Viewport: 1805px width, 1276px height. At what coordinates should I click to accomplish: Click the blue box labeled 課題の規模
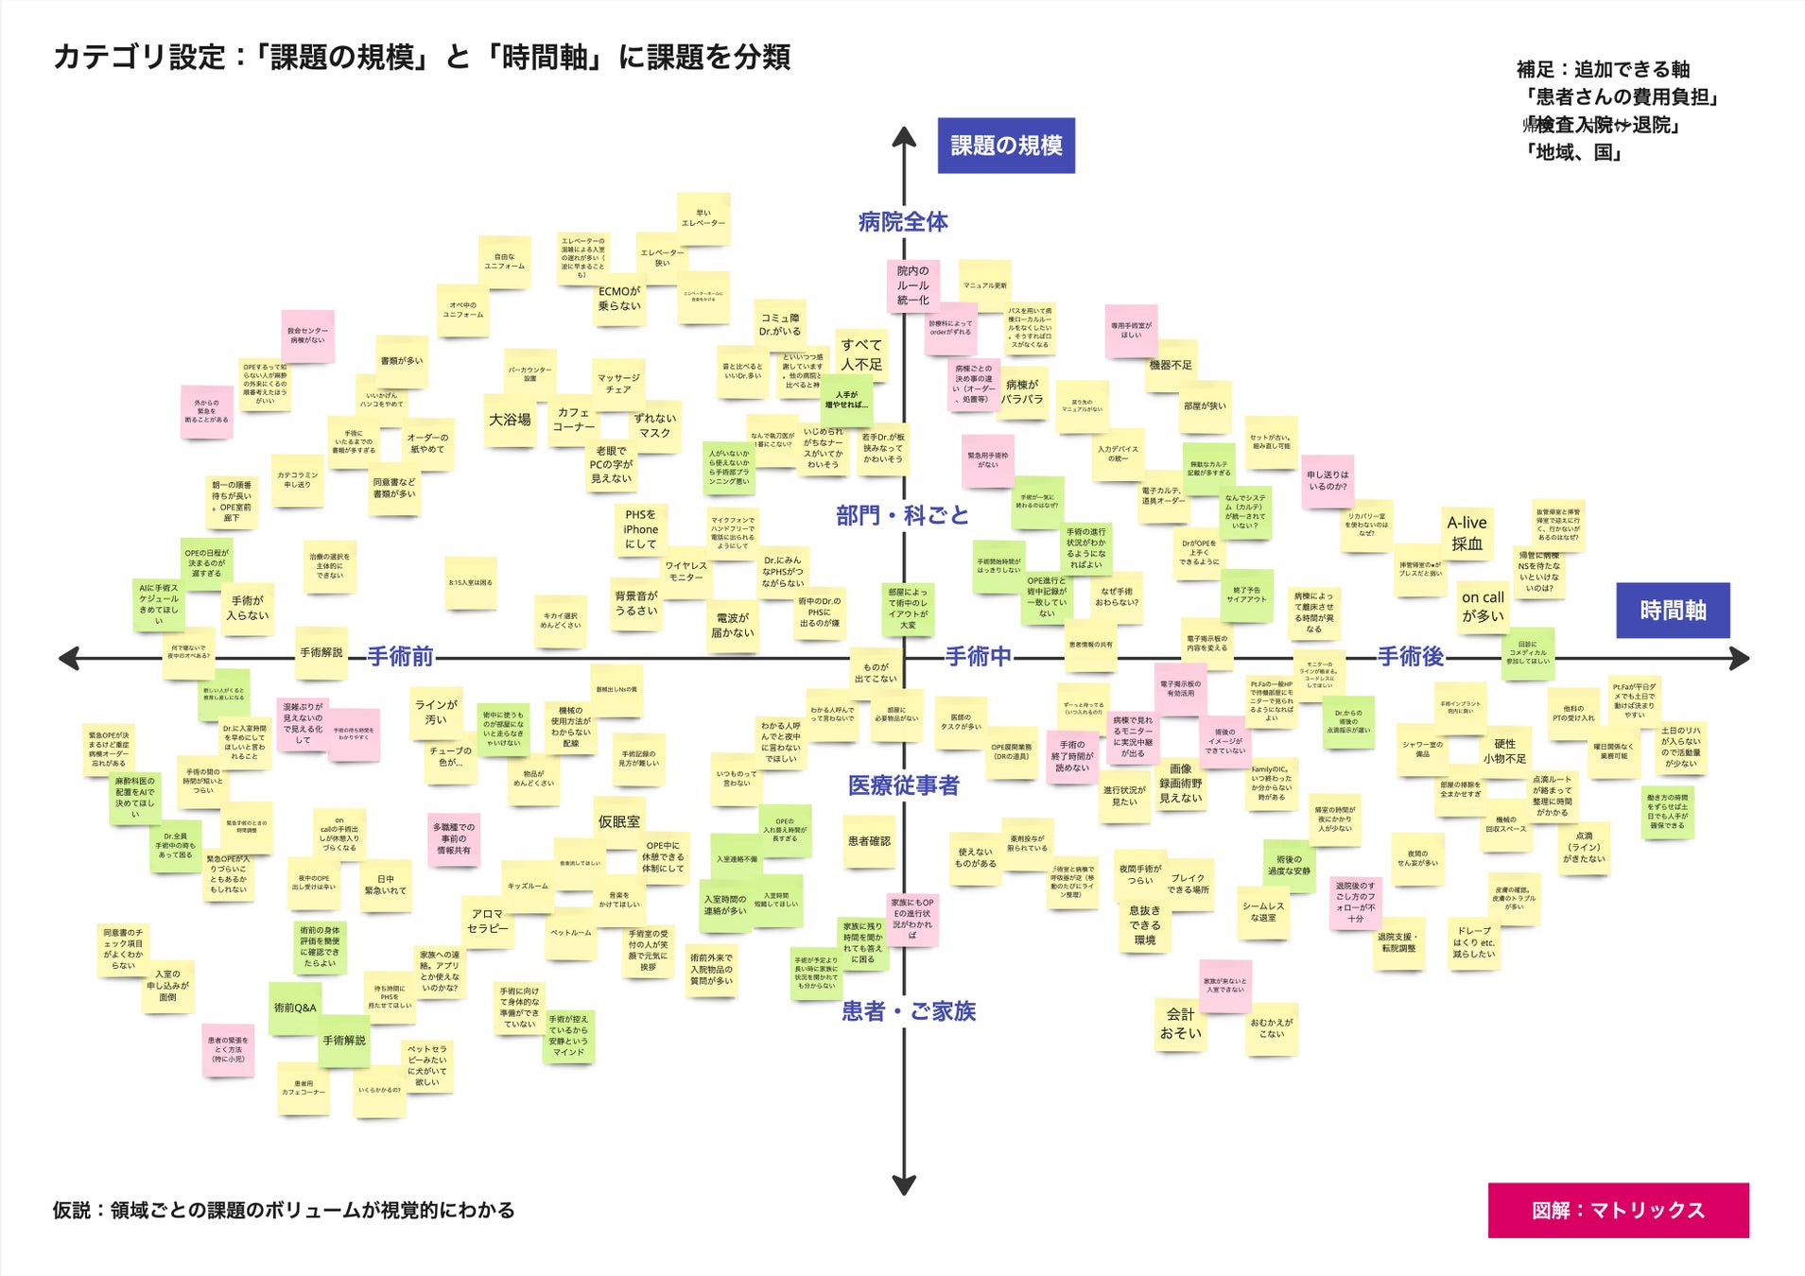[x=1005, y=146]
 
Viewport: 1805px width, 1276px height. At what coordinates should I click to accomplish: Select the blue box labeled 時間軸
[x=1672, y=611]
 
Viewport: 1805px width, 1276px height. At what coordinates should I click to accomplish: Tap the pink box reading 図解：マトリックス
[x=1617, y=1210]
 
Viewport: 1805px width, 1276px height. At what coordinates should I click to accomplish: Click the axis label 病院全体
[x=902, y=222]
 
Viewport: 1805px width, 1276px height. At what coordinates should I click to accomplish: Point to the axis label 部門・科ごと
[x=902, y=515]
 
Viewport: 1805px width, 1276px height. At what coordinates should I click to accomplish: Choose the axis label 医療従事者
[x=903, y=785]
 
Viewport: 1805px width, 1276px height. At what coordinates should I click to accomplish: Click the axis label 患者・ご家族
[x=908, y=1011]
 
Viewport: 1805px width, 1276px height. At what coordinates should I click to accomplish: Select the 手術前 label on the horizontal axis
[x=400, y=657]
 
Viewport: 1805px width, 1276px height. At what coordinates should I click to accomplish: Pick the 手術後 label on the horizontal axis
[x=1410, y=657]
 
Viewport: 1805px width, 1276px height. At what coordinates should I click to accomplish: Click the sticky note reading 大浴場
[x=510, y=420]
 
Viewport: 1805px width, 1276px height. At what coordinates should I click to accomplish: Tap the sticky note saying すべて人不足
[x=861, y=354]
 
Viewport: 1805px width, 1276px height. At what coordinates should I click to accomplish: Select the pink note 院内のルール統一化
[x=912, y=285]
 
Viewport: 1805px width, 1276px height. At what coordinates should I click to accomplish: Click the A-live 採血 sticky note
[x=1467, y=533]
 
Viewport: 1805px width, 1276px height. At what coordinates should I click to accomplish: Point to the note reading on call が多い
[x=1482, y=606]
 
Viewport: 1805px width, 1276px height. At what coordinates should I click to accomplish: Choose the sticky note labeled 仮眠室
[x=618, y=822]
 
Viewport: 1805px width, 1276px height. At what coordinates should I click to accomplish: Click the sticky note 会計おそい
[x=1180, y=1024]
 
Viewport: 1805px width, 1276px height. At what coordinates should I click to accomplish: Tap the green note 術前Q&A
[x=295, y=1008]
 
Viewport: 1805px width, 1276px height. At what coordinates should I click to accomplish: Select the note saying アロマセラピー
[x=488, y=922]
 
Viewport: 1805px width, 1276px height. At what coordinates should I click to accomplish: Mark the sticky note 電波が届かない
[x=733, y=625]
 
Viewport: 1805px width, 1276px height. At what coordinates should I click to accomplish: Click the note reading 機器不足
[x=1171, y=365]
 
